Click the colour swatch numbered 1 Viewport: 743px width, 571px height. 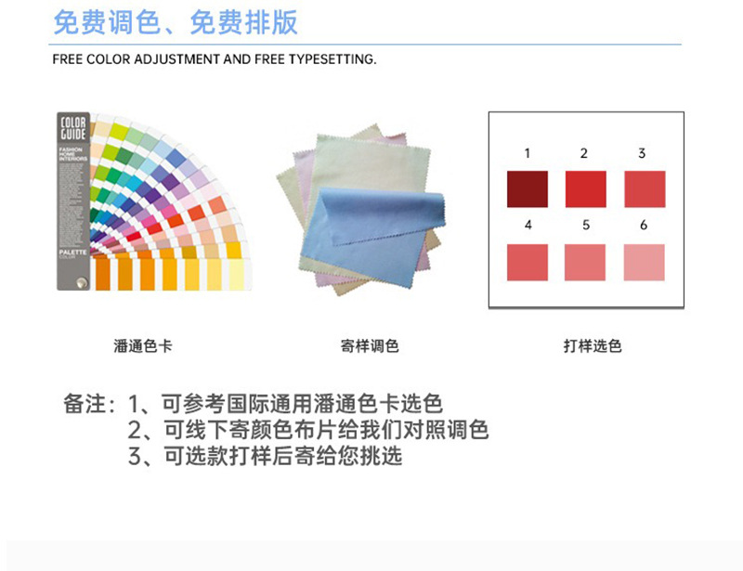coord(528,189)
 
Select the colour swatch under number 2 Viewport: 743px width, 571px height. coord(585,189)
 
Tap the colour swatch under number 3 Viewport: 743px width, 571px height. coord(644,189)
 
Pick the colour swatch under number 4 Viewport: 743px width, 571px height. coord(528,262)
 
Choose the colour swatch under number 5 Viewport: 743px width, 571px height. coord(585,262)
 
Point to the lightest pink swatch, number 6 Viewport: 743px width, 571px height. coord(644,262)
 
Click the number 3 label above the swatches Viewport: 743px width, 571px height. coord(642,153)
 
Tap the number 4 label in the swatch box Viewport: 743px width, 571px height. coord(528,225)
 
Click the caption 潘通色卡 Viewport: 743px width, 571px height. coord(142,346)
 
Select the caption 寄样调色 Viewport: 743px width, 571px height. coord(370,346)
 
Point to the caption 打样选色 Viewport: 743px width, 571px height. coord(592,346)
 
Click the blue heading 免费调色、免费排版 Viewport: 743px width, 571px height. coord(176,22)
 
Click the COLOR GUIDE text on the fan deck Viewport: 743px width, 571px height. coord(73,129)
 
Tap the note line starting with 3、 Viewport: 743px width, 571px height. coord(266,456)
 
